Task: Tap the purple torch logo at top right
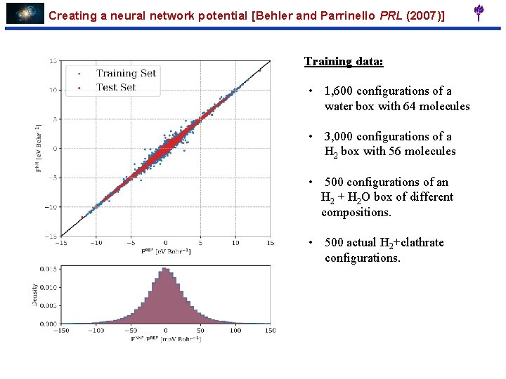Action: tap(479, 13)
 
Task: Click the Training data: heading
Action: tap(344, 61)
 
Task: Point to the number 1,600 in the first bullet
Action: tap(340, 91)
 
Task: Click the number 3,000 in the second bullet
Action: tap(340, 137)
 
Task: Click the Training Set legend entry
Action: tap(126, 73)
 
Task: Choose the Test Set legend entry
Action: tap(116, 87)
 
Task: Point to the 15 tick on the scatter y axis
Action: tap(53, 61)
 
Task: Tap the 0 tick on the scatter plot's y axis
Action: tap(55, 148)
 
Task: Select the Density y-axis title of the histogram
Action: tap(34, 294)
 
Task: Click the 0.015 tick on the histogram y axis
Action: tap(47, 269)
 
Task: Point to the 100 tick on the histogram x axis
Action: tap(235, 331)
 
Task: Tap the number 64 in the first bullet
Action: tap(408, 107)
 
